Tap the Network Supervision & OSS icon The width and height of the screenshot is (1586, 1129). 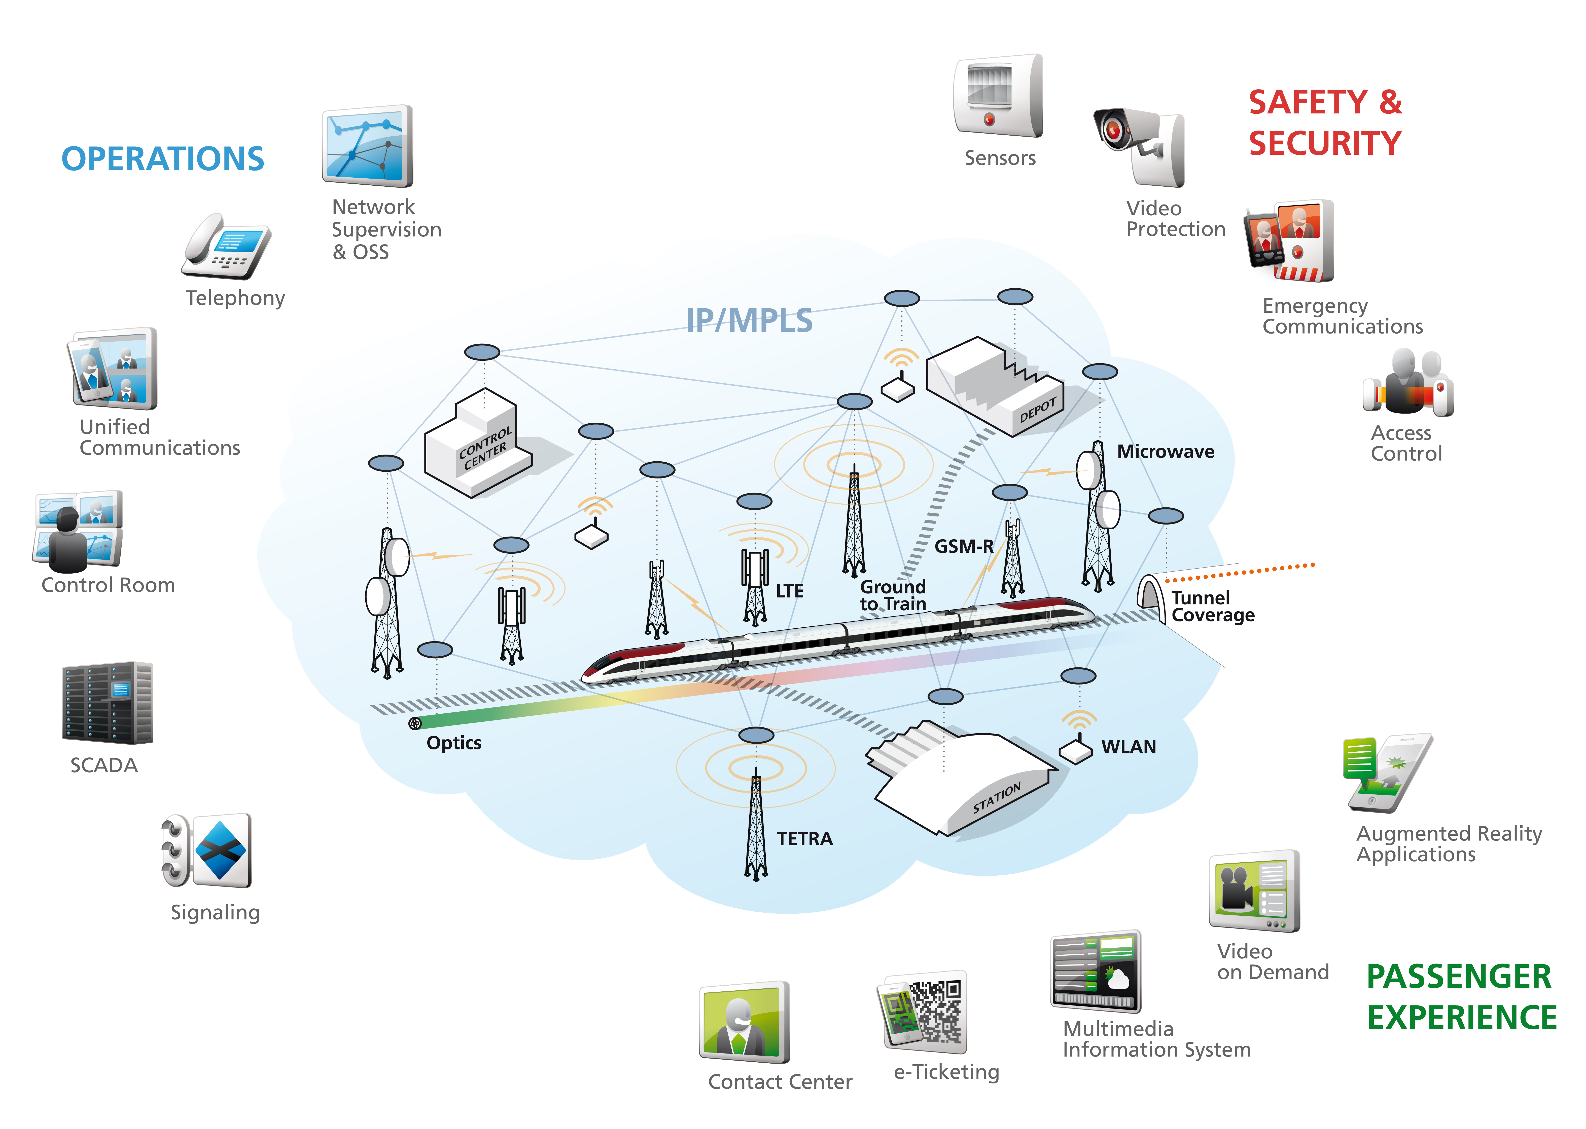pos(367,147)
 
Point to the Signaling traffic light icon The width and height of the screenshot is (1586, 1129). pos(206,851)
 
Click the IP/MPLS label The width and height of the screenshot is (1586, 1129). pos(749,320)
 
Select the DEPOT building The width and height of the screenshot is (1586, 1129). pos(995,386)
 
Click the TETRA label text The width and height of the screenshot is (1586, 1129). pos(804,839)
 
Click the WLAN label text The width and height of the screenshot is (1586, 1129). pos(1128,747)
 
